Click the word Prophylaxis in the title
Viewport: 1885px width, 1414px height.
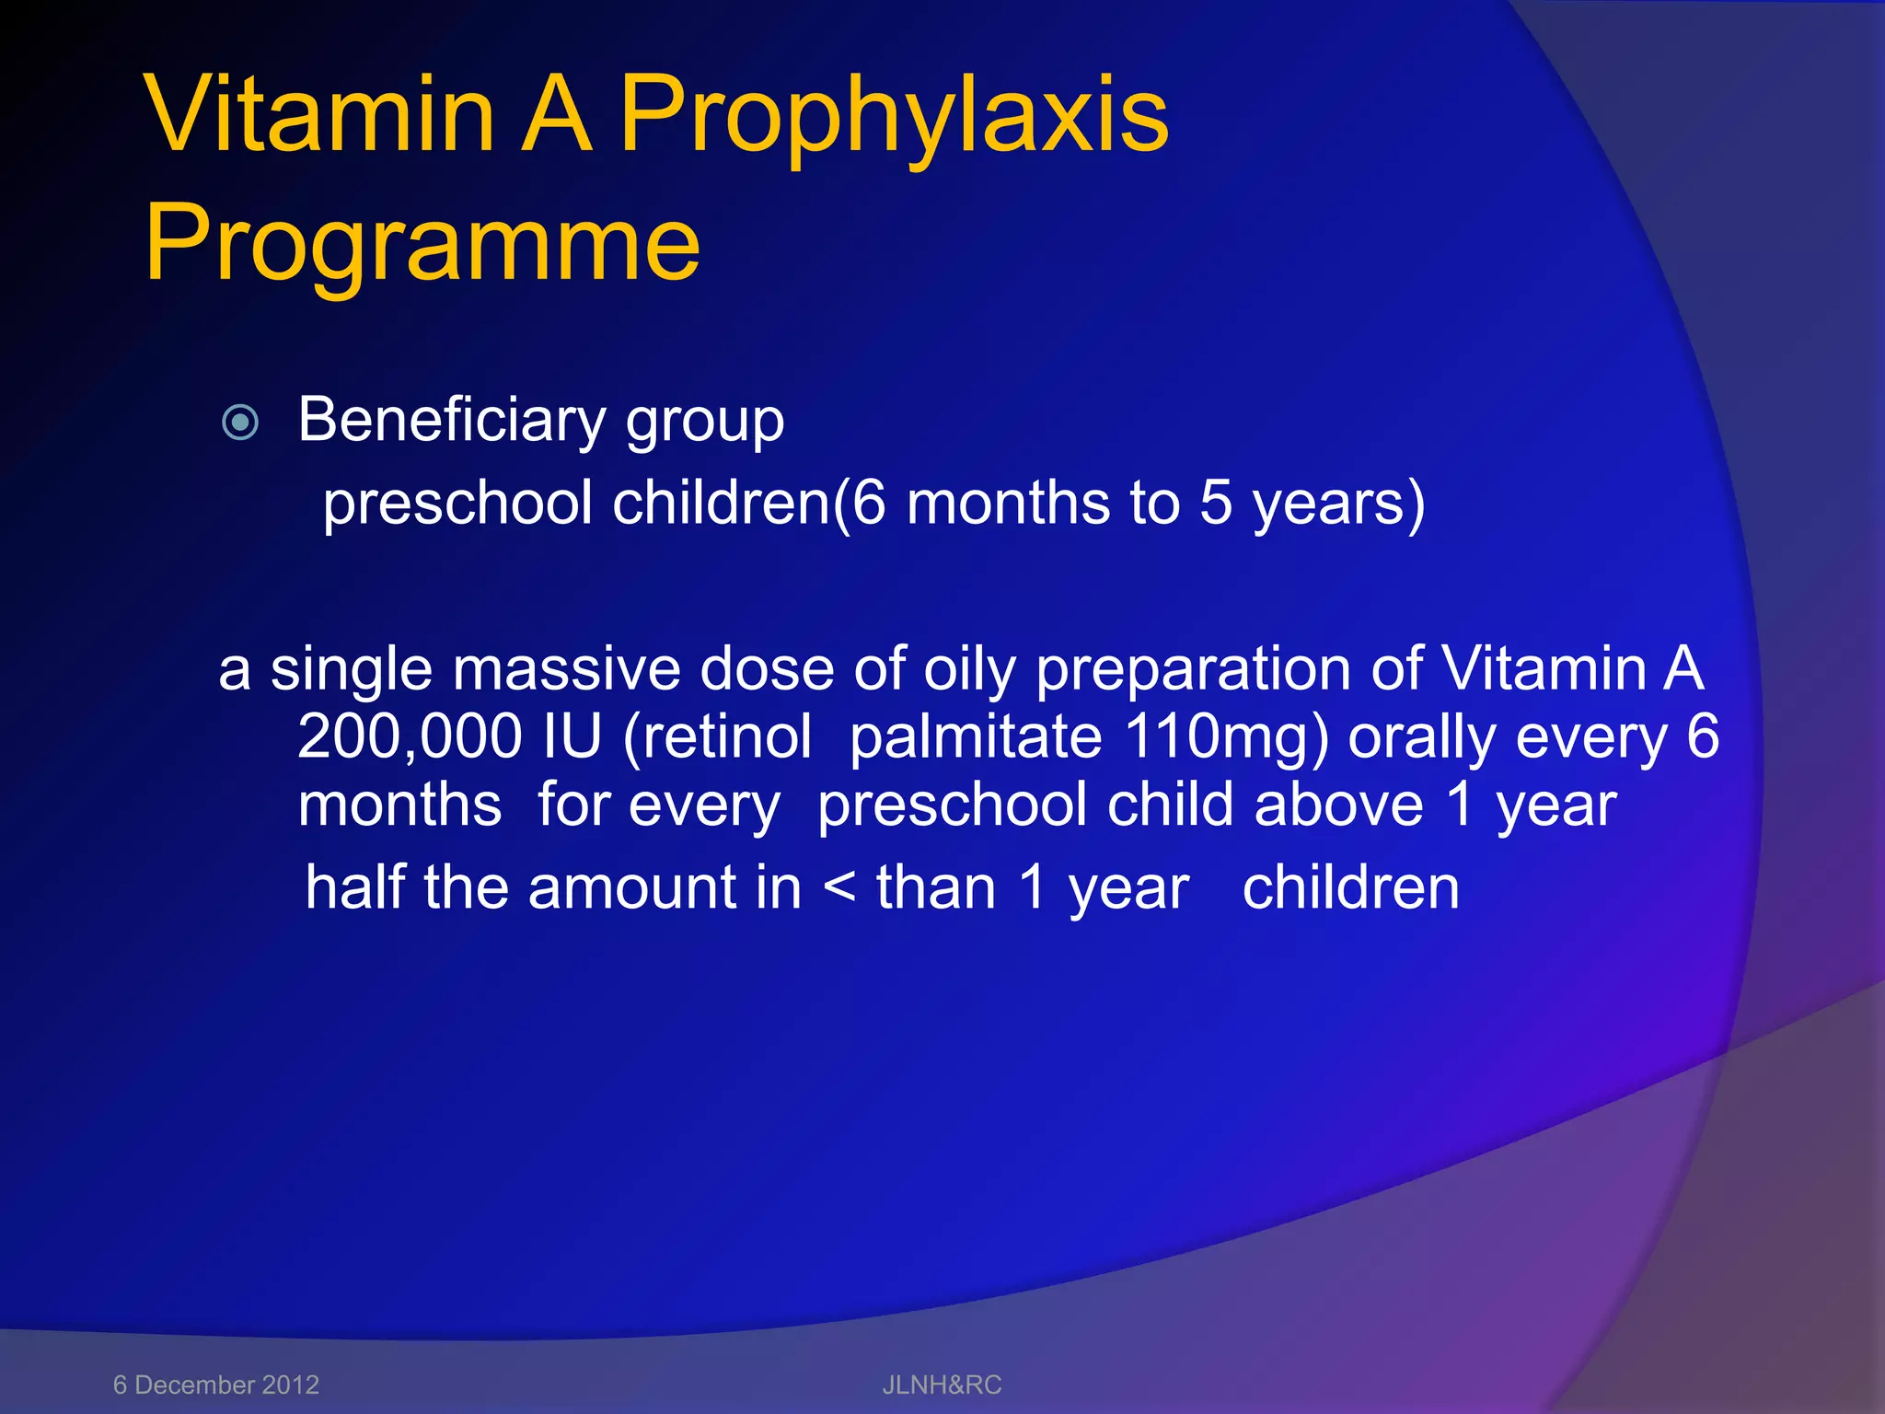click(893, 118)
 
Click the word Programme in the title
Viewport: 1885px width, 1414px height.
click(422, 244)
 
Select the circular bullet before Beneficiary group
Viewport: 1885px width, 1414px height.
click(241, 423)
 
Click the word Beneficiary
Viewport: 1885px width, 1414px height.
click(451, 421)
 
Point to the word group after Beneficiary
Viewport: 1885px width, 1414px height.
click(705, 423)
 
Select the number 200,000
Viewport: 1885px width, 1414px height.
click(410, 736)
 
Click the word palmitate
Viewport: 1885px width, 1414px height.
click(976, 738)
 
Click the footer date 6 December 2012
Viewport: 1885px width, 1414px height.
click(216, 1385)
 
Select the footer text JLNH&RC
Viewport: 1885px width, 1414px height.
click(942, 1385)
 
